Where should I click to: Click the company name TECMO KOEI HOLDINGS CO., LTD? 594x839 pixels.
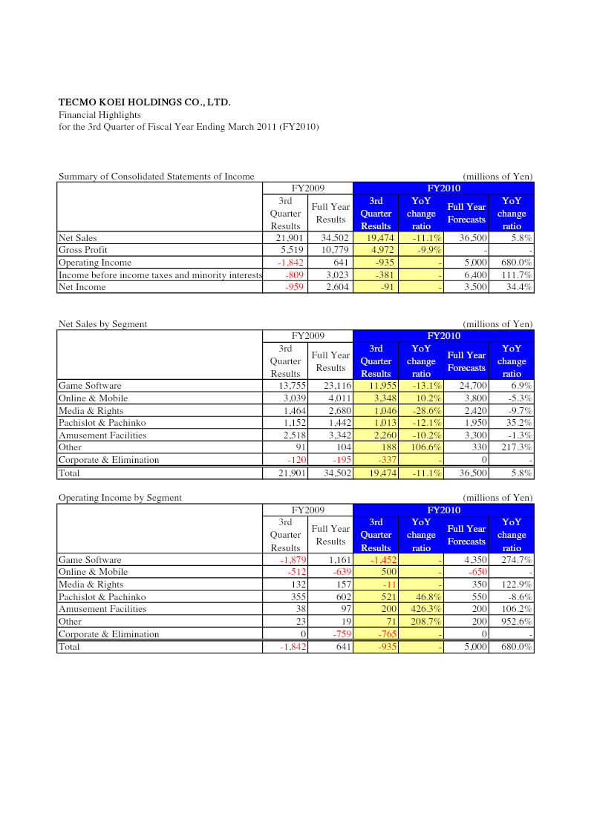pyautogui.click(x=144, y=102)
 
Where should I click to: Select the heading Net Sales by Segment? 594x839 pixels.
pyautogui.click(x=102, y=324)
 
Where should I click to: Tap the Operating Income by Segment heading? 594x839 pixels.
pyautogui.click(x=120, y=498)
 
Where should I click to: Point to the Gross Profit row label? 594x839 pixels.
pyautogui.click(x=83, y=250)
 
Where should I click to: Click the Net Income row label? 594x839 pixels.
pyautogui.click(x=80, y=287)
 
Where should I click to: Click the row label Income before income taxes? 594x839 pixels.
pyautogui.click(x=160, y=275)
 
